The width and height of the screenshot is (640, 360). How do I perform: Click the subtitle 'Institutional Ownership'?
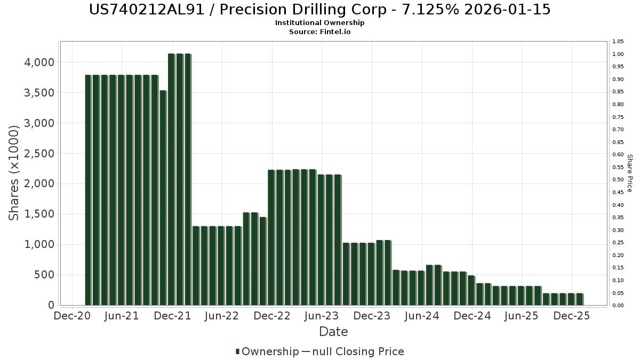(320, 23)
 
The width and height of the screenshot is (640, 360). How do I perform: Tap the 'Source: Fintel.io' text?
(320, 31)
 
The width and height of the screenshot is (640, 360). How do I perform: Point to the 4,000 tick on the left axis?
(40, 62)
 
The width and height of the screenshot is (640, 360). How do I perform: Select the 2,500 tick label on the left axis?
(40, 154)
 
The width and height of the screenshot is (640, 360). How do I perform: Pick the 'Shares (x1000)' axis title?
(14, 172)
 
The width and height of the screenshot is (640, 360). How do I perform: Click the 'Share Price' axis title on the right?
(629, 173)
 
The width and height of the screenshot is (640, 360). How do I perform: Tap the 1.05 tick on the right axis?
(618, 42)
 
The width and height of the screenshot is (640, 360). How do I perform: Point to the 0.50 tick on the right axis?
(618, 180)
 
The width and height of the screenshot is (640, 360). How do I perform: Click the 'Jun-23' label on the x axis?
(322, 316)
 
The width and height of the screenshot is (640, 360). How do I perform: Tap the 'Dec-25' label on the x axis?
(572, 316)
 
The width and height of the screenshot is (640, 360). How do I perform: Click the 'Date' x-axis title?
(333, 332)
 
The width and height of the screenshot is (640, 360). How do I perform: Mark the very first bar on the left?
(88, 190)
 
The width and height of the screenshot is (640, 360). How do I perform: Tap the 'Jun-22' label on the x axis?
(222, 316)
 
